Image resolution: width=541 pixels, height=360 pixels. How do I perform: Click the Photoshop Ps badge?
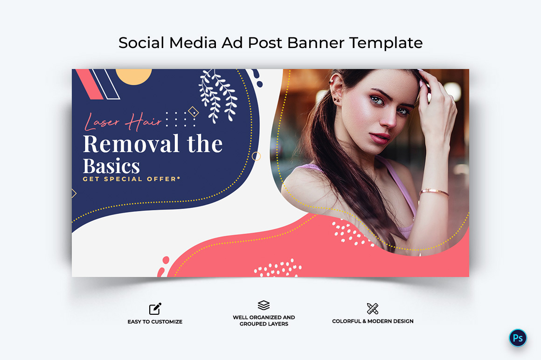[x=518, y=338]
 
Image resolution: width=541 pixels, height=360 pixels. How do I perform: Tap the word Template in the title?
[x=386, y=43]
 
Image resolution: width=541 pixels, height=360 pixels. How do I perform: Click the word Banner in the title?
[x=316, y=43]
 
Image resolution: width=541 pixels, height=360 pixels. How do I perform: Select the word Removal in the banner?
[x=131, y=144]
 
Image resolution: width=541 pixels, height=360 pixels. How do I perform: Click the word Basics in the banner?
[x=111, y=166]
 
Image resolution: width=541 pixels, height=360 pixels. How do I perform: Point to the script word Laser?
[x=102, y=121]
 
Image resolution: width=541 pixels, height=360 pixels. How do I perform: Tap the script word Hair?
[x=143, y=121]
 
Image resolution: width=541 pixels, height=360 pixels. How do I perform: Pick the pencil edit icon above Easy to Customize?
[x=155, y=309]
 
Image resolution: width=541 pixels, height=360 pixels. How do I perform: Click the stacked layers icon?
[x=264, y=305]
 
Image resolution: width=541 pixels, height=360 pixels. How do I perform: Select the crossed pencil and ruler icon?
[x=373, y=309]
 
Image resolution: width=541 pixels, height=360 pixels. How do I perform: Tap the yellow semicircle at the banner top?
[x=133, y=76]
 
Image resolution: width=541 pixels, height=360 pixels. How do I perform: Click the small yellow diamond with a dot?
[x=194, y=112]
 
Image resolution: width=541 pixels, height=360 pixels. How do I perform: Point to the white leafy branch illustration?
[x=218, y=96]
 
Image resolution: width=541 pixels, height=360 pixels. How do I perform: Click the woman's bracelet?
[x=434, y=193]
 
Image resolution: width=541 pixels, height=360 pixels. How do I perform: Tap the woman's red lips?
[x=380, y=138]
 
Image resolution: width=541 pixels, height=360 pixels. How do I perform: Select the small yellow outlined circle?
[x=257, y=156]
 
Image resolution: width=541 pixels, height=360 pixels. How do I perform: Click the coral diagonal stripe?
[x=90, y=84]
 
